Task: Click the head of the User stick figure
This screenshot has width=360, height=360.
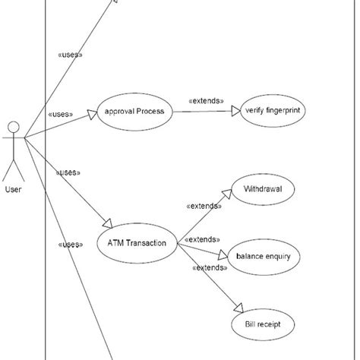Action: [12, 126]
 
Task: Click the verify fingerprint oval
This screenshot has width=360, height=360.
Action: [273, 112]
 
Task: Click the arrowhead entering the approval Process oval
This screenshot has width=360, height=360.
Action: [93, 114]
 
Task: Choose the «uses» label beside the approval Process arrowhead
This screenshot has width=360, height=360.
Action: [60, 115]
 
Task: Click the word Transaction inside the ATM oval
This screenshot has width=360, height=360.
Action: [148, 243]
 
